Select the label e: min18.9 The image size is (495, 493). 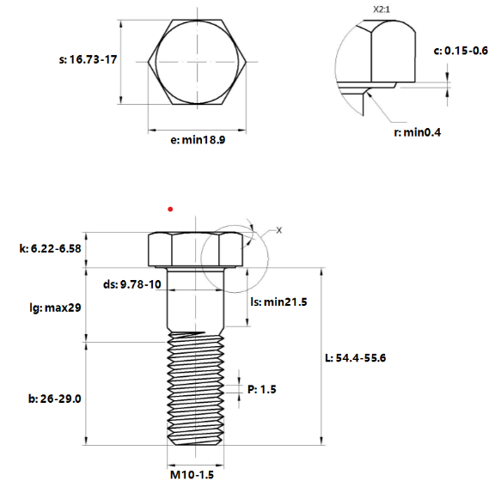click(x=198, y=140)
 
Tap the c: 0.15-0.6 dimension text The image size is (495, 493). click(x=461, y=51)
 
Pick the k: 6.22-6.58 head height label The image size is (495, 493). click(x=50, y=248)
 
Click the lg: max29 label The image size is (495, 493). click(x=56, y=307)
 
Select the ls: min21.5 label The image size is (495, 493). click(x=279, y=302)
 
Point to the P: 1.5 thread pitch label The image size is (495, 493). click(x=262, y=389)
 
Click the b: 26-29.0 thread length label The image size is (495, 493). click(x=55, y=399)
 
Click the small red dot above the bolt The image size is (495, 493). click(x=171, y=208)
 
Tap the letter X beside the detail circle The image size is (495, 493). click(x=279, y=231)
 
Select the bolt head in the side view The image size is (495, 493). click(x=196, y=249)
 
